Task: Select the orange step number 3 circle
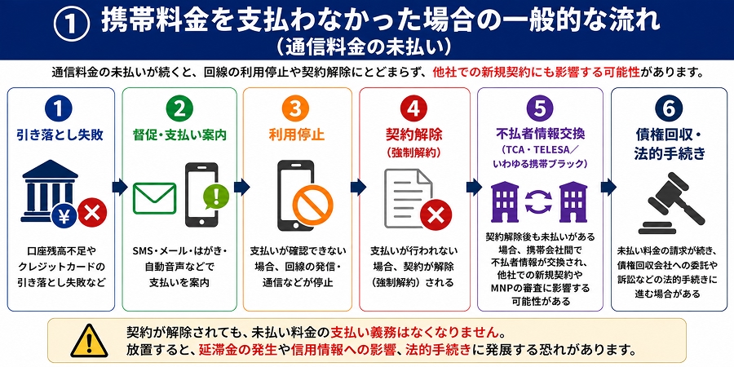pos(297,109)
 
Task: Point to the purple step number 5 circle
pos(539,109)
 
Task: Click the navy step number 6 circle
pos(670,109)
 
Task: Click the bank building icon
pos(50,189)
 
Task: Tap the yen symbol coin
pos(64,215)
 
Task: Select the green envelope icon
pos(154,198)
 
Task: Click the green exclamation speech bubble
pos(216,197)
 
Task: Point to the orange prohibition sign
pos(312,207)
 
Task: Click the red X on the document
pos(436,215)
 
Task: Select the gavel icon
pos(670,203)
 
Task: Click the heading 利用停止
pos(296,135)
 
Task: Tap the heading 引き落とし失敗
pos(60,135)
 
